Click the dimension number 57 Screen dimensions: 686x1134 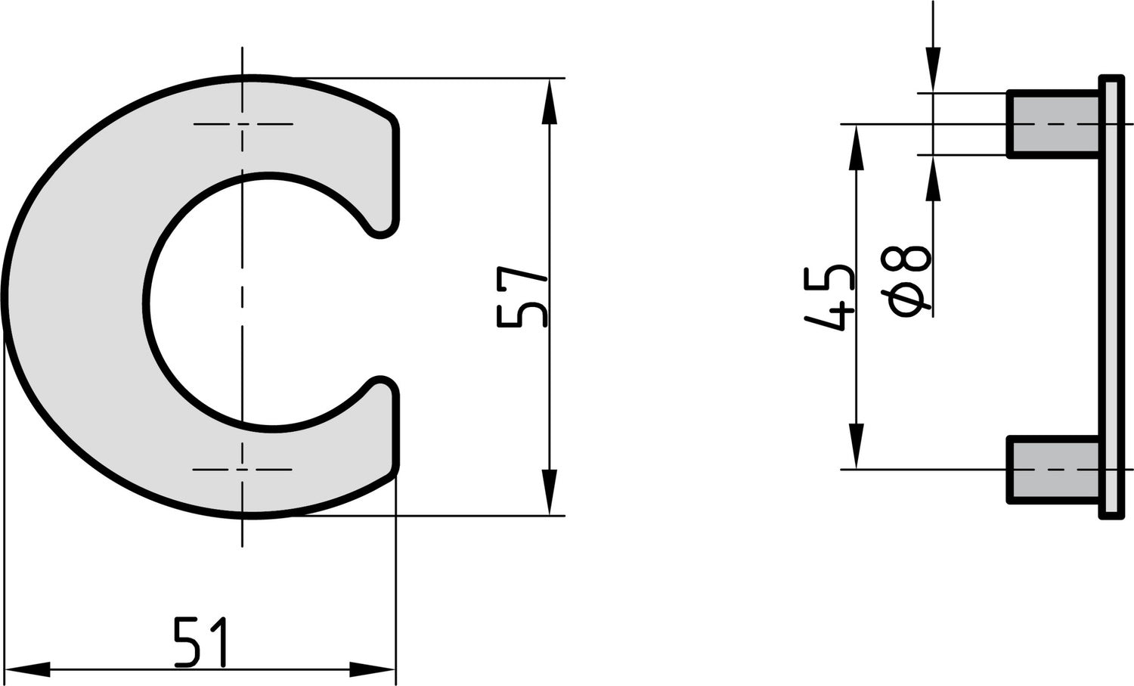(522, 296)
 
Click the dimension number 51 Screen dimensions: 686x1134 (201, 642)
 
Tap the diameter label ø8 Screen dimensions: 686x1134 (908, 282)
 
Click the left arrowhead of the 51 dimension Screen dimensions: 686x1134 (27, 669)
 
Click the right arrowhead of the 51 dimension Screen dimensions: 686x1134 (372, 669)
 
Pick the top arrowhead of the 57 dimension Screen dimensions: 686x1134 (550, 101)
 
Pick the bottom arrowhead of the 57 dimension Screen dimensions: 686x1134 (550, 492)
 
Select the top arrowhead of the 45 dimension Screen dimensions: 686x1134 (856, 147)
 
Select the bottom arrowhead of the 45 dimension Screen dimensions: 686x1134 (856, 445)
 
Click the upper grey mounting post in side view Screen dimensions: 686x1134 (1053, 124)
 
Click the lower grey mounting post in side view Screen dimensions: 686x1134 (1053, 470)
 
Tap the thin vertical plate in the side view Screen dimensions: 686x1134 (1111, 296)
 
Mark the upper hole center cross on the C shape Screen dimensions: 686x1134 (243, 123)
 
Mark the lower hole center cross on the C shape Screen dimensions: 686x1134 (243, 470)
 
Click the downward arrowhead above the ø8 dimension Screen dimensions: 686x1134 (934, 70)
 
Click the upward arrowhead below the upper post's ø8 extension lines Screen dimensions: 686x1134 (934, 178)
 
